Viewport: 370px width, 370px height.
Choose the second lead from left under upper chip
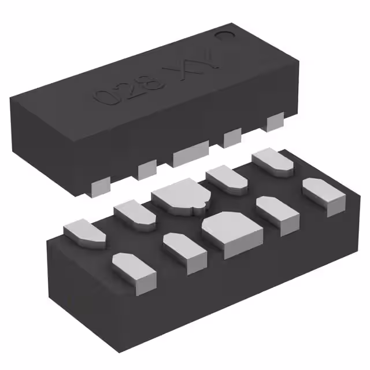click(x=147, y=169)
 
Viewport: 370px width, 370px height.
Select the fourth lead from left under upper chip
click(x=232, y=136)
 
